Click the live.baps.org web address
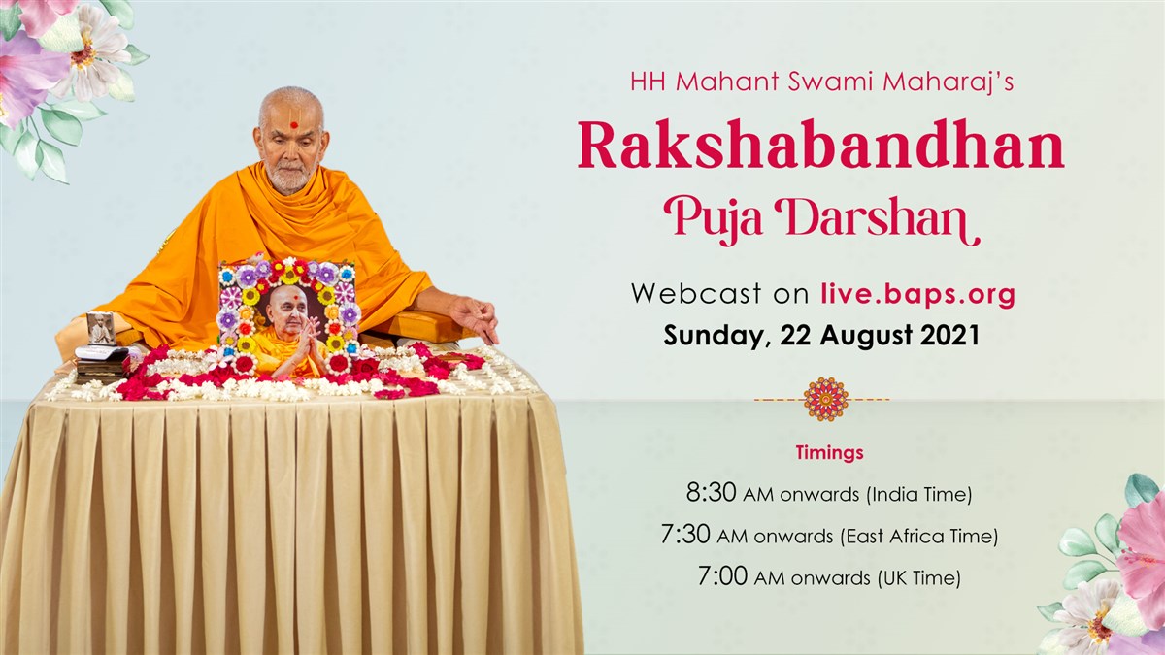point(918,294)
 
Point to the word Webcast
point(697,293)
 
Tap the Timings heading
point(829,453)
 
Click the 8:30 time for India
point(711,492)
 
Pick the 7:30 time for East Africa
point(685,535)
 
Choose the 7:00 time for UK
point(722,576)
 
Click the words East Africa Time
point(919,536)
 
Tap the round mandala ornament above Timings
point(826,399)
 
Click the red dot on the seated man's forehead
point(294,125)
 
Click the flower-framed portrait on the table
point(289,318)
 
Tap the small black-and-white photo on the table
point(101,329)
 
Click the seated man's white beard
point(289,180)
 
